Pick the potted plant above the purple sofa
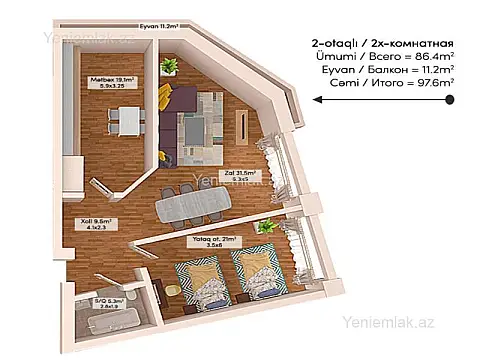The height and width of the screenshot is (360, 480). tap(168, 67)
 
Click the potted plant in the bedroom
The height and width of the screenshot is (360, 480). tap(265, 229)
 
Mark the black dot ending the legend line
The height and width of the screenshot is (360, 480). tap(451, 99)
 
